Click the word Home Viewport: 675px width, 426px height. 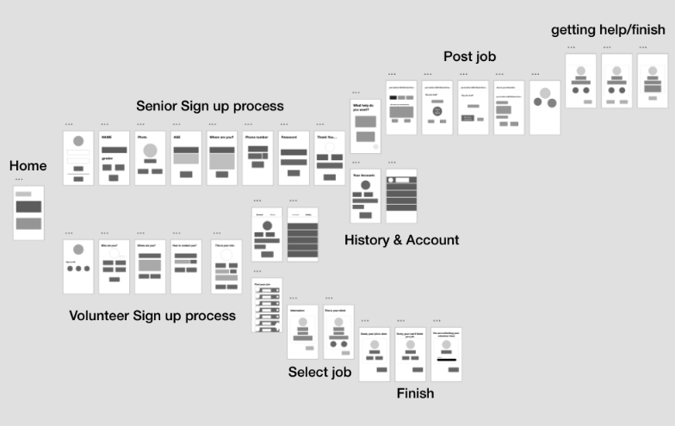tap(28, 166)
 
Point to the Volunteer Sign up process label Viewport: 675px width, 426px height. tap(152, 316)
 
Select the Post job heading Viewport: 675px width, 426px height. tap(469, 57)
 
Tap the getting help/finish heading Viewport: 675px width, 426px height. tap(608, 30)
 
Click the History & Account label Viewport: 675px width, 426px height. tap(401, 240)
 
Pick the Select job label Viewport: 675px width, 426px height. tap(319, 373)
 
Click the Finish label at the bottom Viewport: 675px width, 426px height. tap(415, 393)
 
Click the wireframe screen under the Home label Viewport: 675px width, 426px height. tap(28, 213)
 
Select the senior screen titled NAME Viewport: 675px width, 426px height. tap(114, 158)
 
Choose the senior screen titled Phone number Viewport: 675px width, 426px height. tap(258, 158)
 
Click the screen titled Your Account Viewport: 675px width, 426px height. tap(365, 196)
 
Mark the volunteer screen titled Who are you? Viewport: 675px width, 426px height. tap(114, 267)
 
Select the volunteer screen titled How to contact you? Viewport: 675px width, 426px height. tap(186, 267)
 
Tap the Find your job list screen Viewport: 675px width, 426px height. tap(267, 305)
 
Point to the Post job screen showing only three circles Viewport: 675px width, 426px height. tap(544, 108)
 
